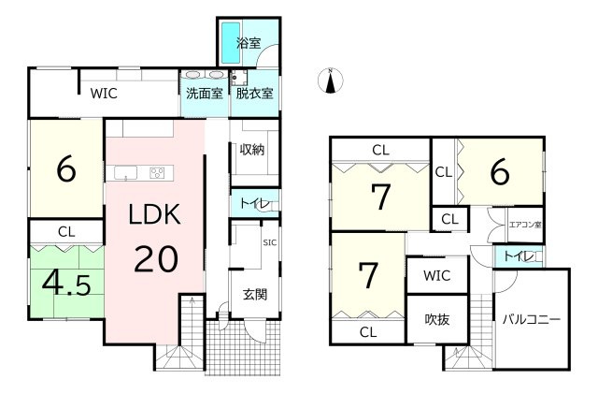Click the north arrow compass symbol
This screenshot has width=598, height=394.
[329, 81]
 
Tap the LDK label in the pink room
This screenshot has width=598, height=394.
[153, 216]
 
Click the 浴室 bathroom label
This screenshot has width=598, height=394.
[248, 42]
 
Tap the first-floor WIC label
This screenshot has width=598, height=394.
[103, 94]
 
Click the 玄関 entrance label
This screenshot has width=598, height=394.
[254, 294]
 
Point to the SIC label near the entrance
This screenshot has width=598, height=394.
[269, 242]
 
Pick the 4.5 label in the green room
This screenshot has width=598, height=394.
[64, 282]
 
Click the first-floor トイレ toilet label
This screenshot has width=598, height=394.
[249, 203]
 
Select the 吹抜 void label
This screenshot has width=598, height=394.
[435, 320]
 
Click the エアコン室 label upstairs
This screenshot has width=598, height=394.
[524, 225]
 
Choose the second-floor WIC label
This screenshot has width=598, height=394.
[435, 276]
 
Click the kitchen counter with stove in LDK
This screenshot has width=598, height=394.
[141, 171]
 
